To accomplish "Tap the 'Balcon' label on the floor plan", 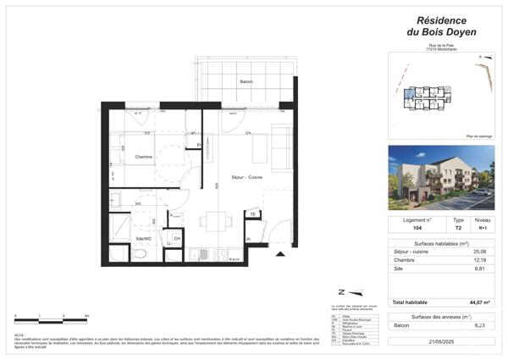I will click(246, 81).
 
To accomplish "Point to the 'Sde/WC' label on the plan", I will click(144, 239).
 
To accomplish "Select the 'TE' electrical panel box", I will click(252, 215).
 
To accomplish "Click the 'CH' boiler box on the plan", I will click(177, 239).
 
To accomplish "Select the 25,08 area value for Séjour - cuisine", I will click(480, 252).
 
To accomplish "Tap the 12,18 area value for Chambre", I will click(480, 261).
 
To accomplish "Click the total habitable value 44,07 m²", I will click(479, 302).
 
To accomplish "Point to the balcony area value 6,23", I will click(480, 325).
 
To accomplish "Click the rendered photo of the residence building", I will click(441, 178).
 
